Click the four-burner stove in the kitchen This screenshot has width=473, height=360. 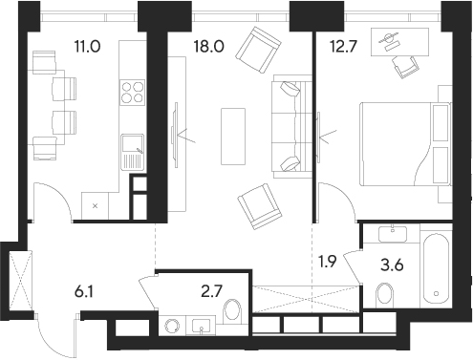coord(132,93)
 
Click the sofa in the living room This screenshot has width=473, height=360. coord(286,124)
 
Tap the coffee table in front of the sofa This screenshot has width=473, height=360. coord(232,124)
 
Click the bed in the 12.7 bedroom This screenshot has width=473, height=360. coord(401,139)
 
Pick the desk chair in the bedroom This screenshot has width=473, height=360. coord(404,64)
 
